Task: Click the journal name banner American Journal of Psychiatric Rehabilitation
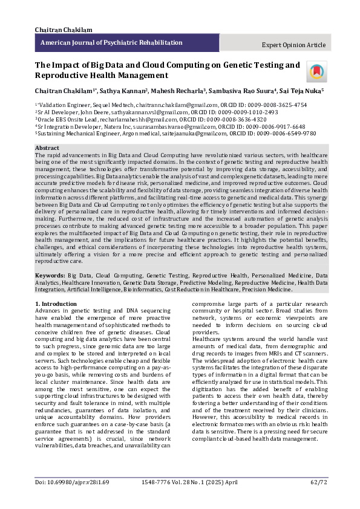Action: [x=111, y=43]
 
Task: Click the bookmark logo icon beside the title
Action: [x=315, y=71]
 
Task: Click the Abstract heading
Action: [x=47, y=148]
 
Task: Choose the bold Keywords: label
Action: [x=50, y=274]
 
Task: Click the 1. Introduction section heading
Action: [x=56, y=303]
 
